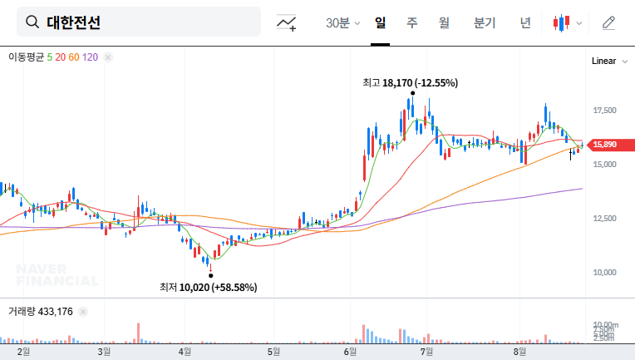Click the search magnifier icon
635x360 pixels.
click(32, 22)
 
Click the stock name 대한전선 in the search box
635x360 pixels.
click(74, 22)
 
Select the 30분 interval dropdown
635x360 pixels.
click(342, 22)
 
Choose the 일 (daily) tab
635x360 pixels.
click(381, 22)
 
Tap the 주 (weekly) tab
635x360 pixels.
click(411, 22)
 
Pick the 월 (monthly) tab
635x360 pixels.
click(444, 22)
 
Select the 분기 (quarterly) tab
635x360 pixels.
click(484, 22)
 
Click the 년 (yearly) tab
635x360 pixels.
click(524, 22)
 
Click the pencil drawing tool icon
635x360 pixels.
click(609, 22)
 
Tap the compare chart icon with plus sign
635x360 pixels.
click(287, 22)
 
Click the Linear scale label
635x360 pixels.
click(603, 61)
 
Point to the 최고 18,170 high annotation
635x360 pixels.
click(411, 83)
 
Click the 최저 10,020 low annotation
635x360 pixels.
click(209, 287)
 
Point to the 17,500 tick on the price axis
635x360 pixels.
click(604, 110)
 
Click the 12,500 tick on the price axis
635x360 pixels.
click(604, 218)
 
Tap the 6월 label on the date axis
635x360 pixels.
click(351, 352)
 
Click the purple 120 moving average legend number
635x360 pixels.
click(91, 57)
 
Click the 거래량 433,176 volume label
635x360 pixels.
click(41, 312)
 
